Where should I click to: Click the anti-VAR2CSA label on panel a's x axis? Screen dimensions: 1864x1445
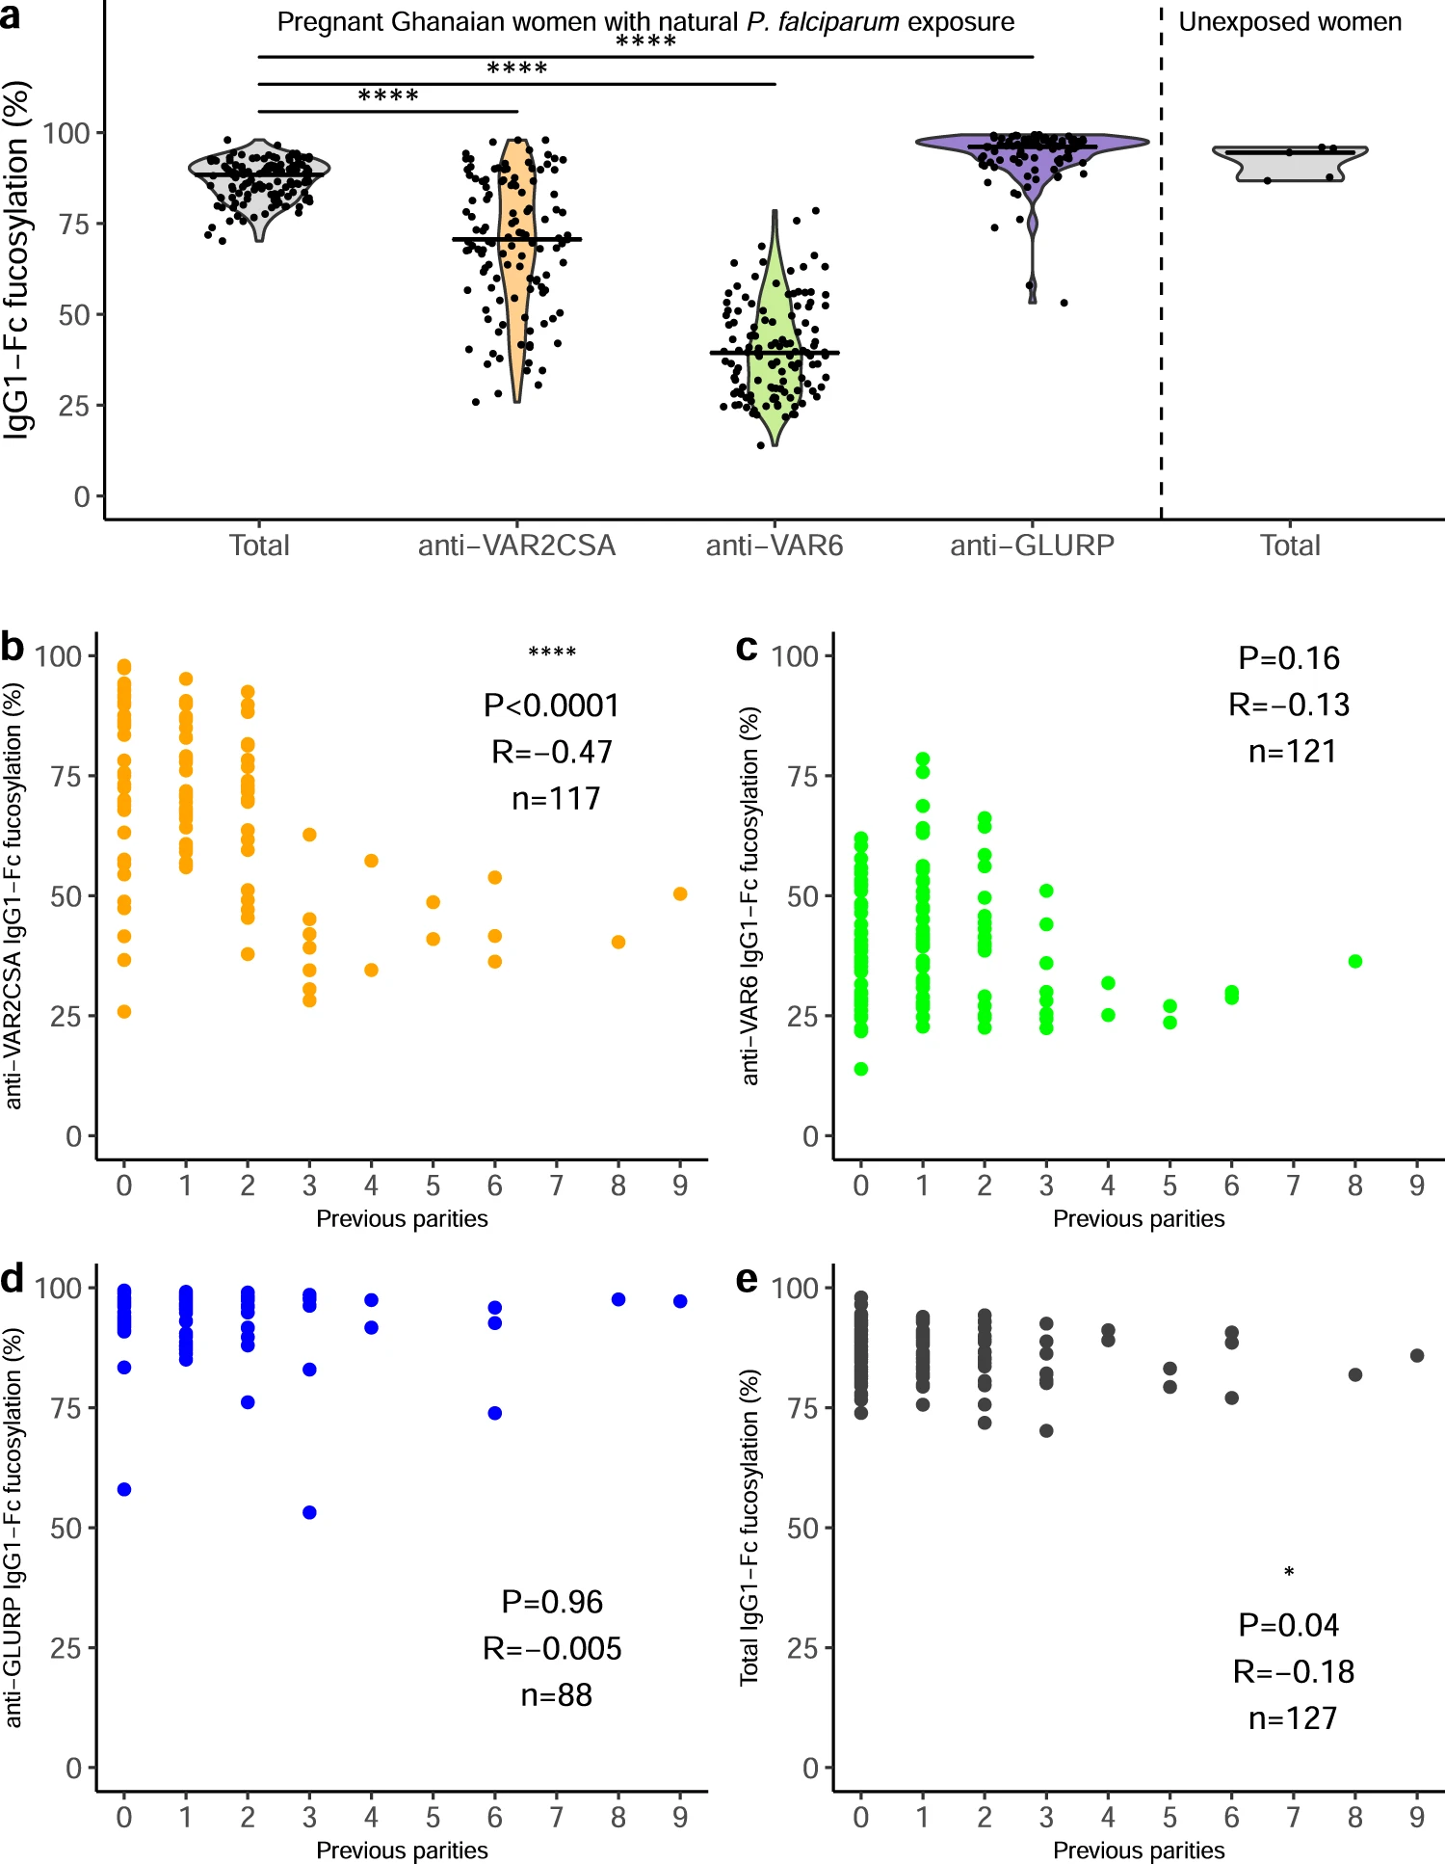point(516,546)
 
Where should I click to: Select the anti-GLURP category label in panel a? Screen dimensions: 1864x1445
point(1032,546)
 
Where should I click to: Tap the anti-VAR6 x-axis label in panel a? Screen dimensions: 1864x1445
point(775,546)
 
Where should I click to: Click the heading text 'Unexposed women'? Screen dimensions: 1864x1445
point(1290,22)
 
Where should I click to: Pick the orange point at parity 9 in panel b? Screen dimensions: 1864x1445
point(680,894)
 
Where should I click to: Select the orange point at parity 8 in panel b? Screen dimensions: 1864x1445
point(618,942)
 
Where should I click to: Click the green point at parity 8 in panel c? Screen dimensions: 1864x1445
point(1355,961)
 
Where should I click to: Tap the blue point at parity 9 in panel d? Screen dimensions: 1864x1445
point(680,1301)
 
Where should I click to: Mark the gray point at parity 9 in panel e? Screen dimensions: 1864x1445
point(1417,1355)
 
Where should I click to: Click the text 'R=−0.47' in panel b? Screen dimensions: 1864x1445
point(552,752)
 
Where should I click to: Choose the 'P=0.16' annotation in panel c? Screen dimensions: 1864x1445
point(1289,658)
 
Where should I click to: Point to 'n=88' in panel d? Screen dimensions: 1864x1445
point(556,1694)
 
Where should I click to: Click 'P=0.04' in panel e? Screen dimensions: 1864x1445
point(1289,1625)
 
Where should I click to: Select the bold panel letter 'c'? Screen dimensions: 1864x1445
point(747,648)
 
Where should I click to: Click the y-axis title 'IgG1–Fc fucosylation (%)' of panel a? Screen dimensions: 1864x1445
point(17,260)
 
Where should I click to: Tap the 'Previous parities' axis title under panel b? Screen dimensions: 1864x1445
point(402,1219)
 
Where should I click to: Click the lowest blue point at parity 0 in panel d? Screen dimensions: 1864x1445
point(124,1489)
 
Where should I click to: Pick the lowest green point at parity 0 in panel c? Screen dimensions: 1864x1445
point(861,1069)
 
